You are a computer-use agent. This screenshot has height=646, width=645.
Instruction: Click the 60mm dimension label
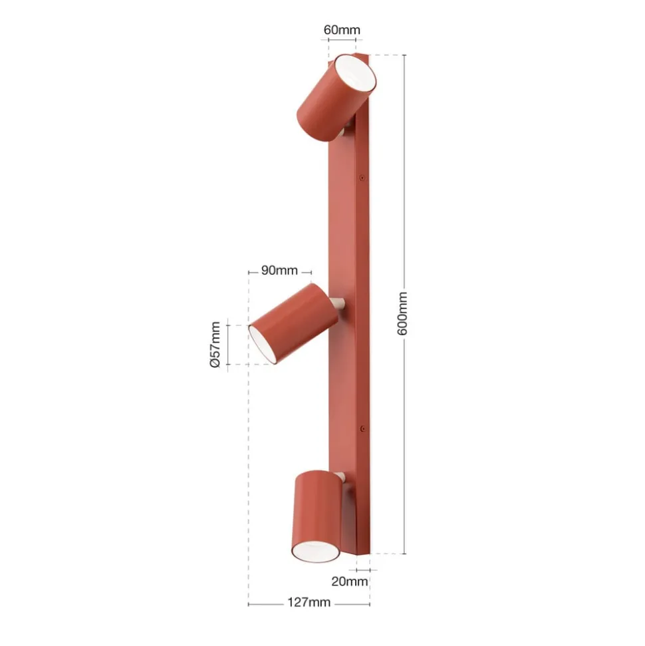[x=341, y=30]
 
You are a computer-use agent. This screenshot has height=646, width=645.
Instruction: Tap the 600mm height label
[x=402, y=313]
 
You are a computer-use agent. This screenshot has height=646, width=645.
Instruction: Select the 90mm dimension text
[x=279, y=270]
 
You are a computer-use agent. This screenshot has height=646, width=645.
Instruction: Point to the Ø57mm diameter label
[x=215, y=345]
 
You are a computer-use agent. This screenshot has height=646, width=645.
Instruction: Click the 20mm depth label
[x=349, y=581]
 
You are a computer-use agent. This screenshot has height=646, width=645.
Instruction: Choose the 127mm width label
[x=309, y=602]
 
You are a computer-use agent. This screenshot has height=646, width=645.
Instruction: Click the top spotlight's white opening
[x=355, y=73]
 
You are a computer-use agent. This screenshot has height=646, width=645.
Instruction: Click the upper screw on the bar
[x=362, y=178]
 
